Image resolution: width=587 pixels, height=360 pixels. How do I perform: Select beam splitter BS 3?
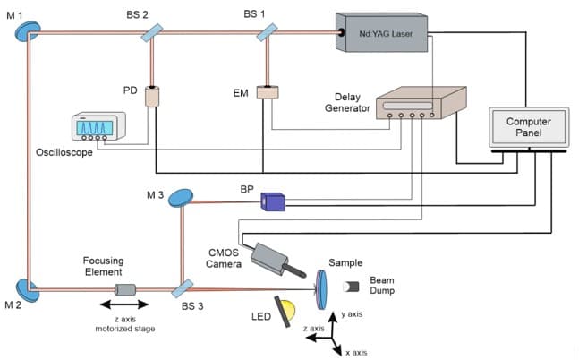point(183,289)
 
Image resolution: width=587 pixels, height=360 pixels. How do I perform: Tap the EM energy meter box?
point(268,92)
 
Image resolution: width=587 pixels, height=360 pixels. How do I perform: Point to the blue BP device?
point(271,202)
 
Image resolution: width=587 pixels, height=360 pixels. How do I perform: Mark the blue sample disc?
point(322,287)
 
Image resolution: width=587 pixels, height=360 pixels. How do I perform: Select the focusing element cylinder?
point(125,289)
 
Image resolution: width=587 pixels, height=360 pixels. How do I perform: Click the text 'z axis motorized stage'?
point(125,324)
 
